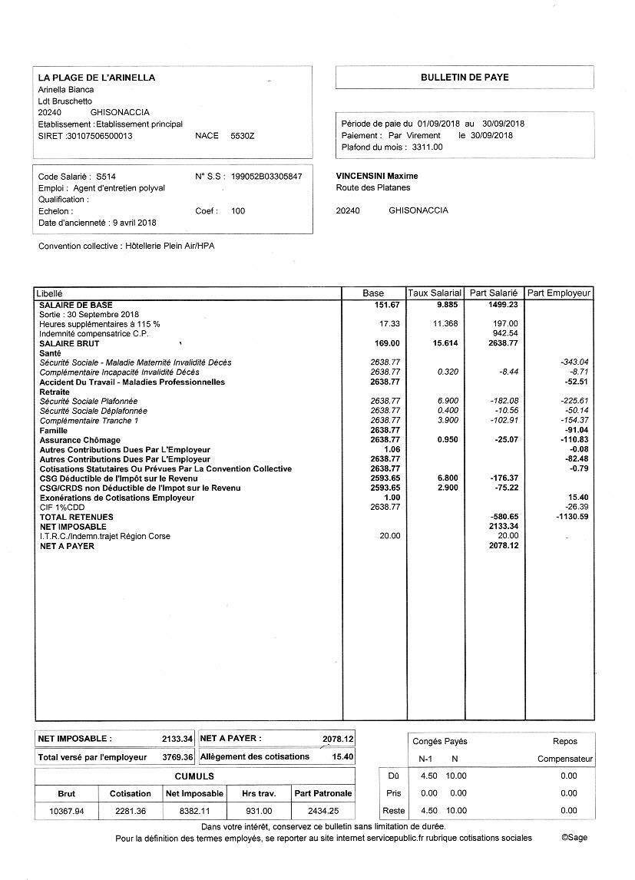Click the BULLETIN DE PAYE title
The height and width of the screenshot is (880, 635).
coord(464,78)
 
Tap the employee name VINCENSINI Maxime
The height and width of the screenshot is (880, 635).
coord(377,176)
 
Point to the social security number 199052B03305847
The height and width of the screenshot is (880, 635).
coord(270,176)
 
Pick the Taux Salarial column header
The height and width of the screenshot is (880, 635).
coord(435,293)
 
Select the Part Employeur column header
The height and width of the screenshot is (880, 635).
coord(558,293)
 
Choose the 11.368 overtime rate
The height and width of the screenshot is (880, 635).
coord(445,324)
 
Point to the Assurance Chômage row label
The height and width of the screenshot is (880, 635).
coord(80,440)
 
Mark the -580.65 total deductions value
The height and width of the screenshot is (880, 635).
coord(504,517)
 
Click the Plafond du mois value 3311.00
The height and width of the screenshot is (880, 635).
coord(428,147)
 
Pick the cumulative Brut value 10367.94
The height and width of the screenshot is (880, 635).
coord(67,811)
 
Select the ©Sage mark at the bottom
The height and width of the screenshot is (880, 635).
coord(574,838)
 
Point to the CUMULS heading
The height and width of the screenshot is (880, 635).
coord(194,776)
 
